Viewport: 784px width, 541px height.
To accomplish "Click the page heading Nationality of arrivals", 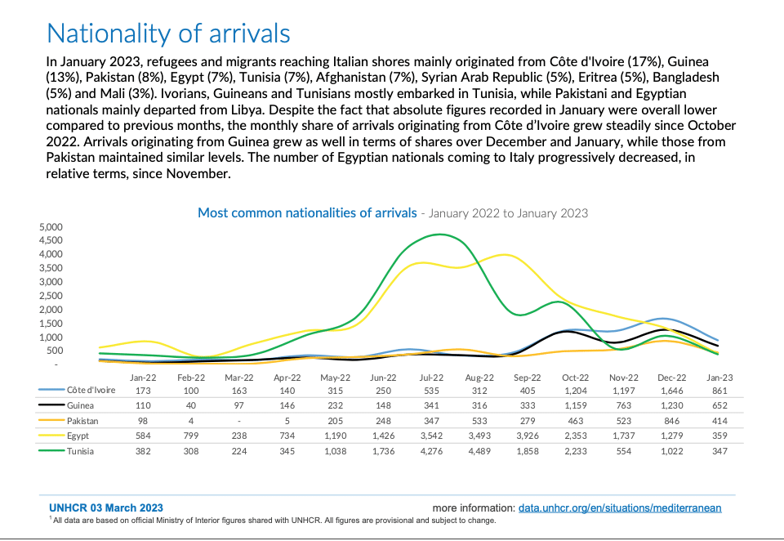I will point(168,34).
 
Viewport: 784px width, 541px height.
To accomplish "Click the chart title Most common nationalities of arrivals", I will point(306,212).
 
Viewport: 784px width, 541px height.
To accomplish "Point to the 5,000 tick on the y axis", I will point(51,226).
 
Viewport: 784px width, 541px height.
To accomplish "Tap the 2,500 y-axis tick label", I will point(51,296).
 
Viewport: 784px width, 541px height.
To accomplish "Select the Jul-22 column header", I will point(431,378).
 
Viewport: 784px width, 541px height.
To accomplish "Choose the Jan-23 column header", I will point(719,378).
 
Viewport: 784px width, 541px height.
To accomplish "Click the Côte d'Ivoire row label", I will point(91,391).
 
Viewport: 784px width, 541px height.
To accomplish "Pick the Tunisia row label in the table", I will point(81,452).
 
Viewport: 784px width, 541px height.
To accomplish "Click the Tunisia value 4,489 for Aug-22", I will point(479,452).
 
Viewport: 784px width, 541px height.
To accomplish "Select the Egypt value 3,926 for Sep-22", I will point(528,436).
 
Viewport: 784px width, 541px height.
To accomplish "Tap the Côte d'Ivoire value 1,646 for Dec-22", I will point(670,391).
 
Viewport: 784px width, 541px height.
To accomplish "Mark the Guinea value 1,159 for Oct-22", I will point(575,406).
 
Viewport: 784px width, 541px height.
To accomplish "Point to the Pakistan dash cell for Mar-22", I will point(239,422).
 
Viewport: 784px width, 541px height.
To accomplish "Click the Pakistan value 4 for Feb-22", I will point(191,422).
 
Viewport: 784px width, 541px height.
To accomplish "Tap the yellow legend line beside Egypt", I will point(51,436).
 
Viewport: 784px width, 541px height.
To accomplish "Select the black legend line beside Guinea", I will point(51,406).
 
